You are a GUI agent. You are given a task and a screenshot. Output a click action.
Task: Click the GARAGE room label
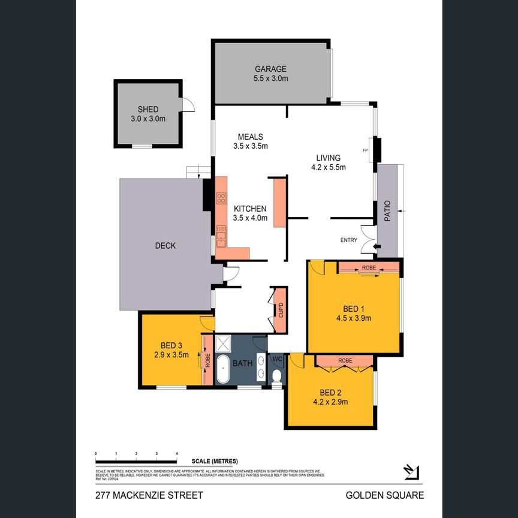pyautogui.click(x=270, y=69)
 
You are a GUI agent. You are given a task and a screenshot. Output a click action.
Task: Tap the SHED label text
pyautogui.click(x=148, y=109)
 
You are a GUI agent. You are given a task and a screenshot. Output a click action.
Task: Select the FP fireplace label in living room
pyautogui.click(x=365, y=150)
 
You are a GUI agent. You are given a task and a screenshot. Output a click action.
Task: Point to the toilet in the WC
pyautogui.click(x=276, y=376)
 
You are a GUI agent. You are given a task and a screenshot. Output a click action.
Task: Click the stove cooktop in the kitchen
pyautogui.click(x=221, y=197)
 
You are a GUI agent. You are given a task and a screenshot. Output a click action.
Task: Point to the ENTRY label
pyautogui.click(x=349, y=240)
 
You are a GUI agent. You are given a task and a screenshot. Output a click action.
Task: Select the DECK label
pyautogui.click(x=165, y=246)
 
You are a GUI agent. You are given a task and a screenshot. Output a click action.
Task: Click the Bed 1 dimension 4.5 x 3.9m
pyautogui.click(x=354, y=318)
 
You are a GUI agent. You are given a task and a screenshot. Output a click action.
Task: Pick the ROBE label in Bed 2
pyautogui.click(x=345, y=360)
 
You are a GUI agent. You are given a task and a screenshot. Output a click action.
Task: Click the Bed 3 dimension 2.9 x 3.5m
pyautogui.click(x=171, y=354)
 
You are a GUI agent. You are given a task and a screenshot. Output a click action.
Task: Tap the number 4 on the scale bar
pyautogui.click(x=176, y=453)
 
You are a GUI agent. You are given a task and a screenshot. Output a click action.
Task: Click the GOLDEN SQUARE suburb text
pyautogui.click(x=384, y=495)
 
